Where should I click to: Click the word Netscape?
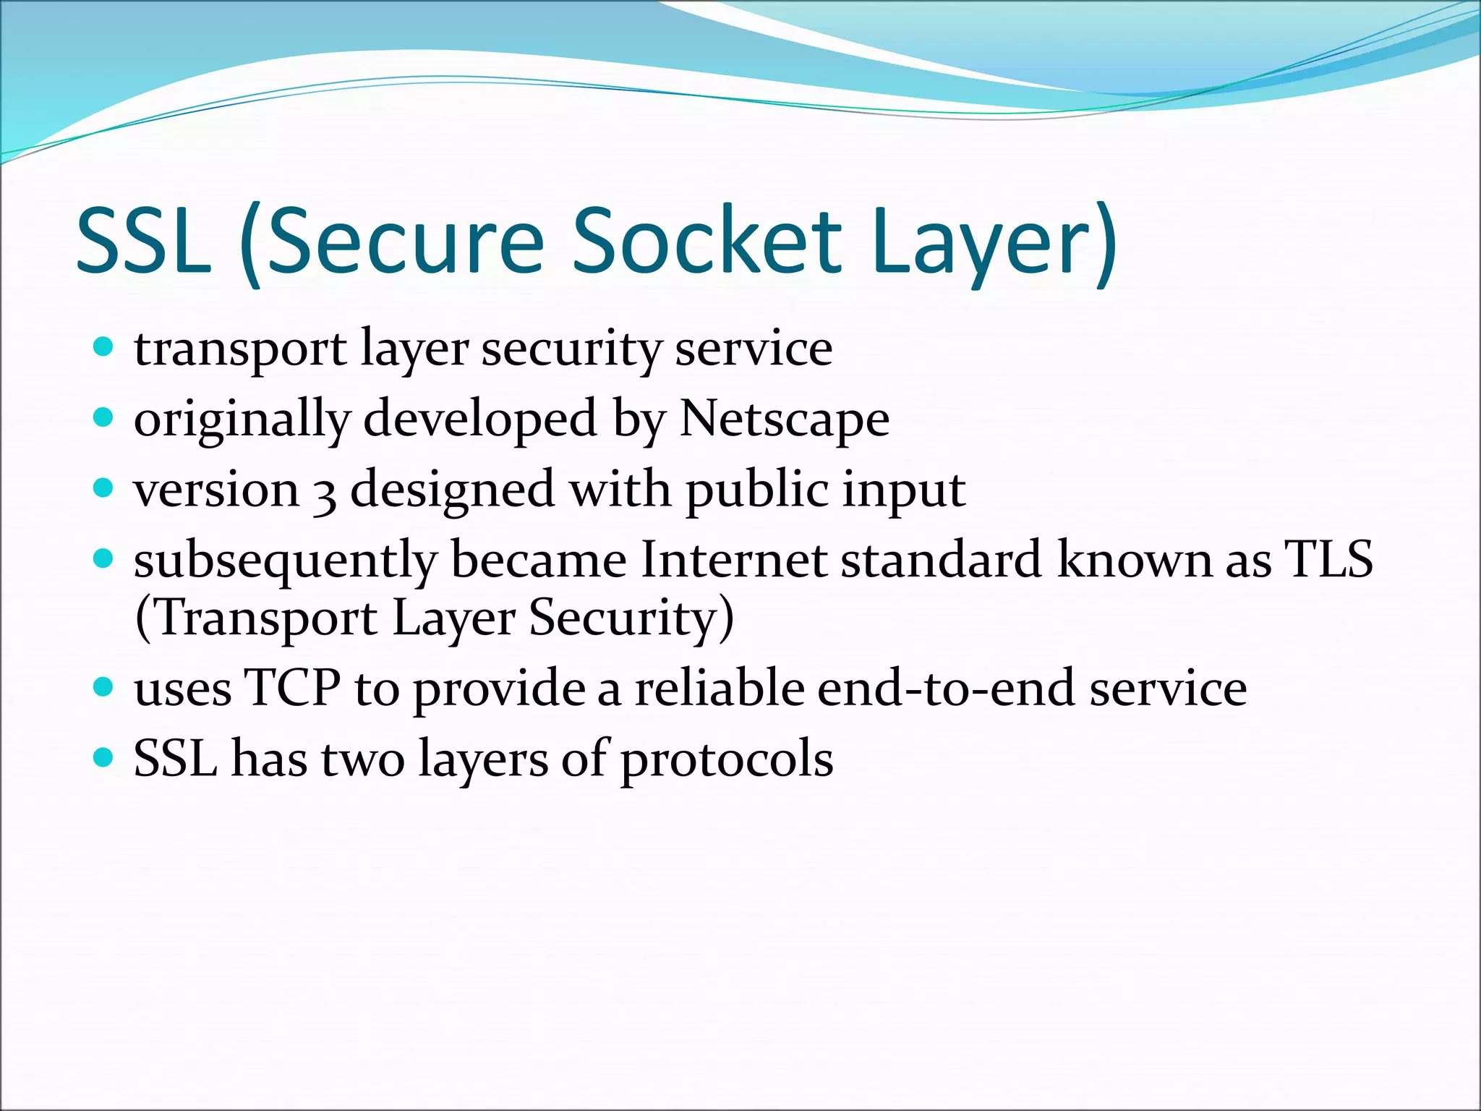point(785,420)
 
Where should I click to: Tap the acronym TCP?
point(292,687)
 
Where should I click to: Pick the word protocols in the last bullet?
point(727,759)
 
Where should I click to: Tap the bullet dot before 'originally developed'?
point(104,417)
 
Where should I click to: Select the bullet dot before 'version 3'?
point(104,488)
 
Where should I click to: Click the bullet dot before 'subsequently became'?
point(104,558)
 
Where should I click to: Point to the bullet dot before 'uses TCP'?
point(104,686)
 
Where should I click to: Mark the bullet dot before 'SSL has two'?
point(104,757)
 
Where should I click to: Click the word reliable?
point(720,687)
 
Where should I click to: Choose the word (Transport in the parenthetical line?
point(256,619)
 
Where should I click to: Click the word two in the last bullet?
point(362,759)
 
